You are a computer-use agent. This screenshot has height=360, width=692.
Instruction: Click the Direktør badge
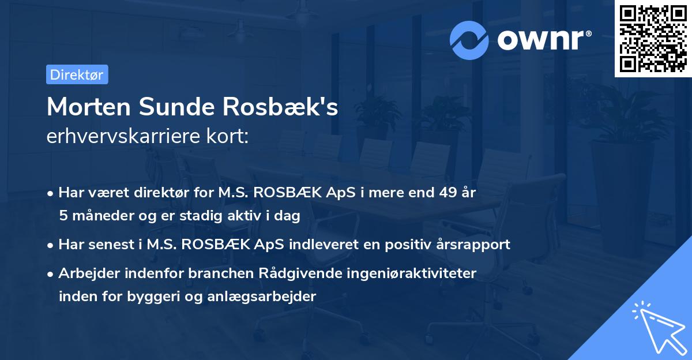[77, 74]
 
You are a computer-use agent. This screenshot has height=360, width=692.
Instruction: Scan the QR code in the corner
[652, 38]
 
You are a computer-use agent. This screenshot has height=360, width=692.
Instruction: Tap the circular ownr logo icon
[469, 40]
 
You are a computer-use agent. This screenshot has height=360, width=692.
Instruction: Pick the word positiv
[415, 245]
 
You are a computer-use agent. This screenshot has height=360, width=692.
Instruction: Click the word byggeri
[144, 297]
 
